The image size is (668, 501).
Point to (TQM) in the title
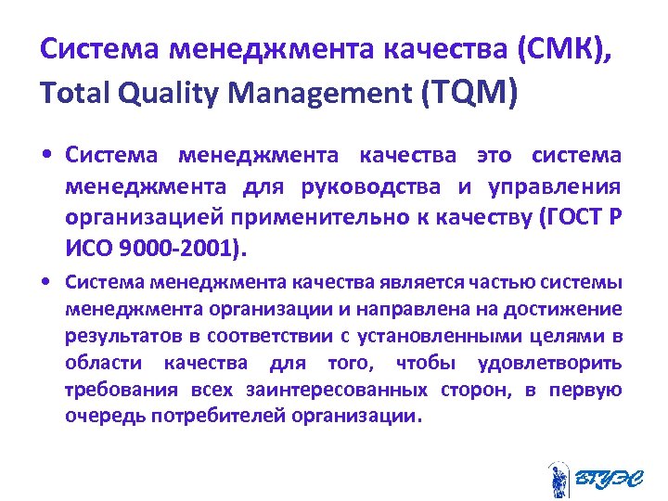pos(468,93)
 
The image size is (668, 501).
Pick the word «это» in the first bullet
pos(496,154)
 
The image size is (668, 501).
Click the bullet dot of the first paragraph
pos(45,155)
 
